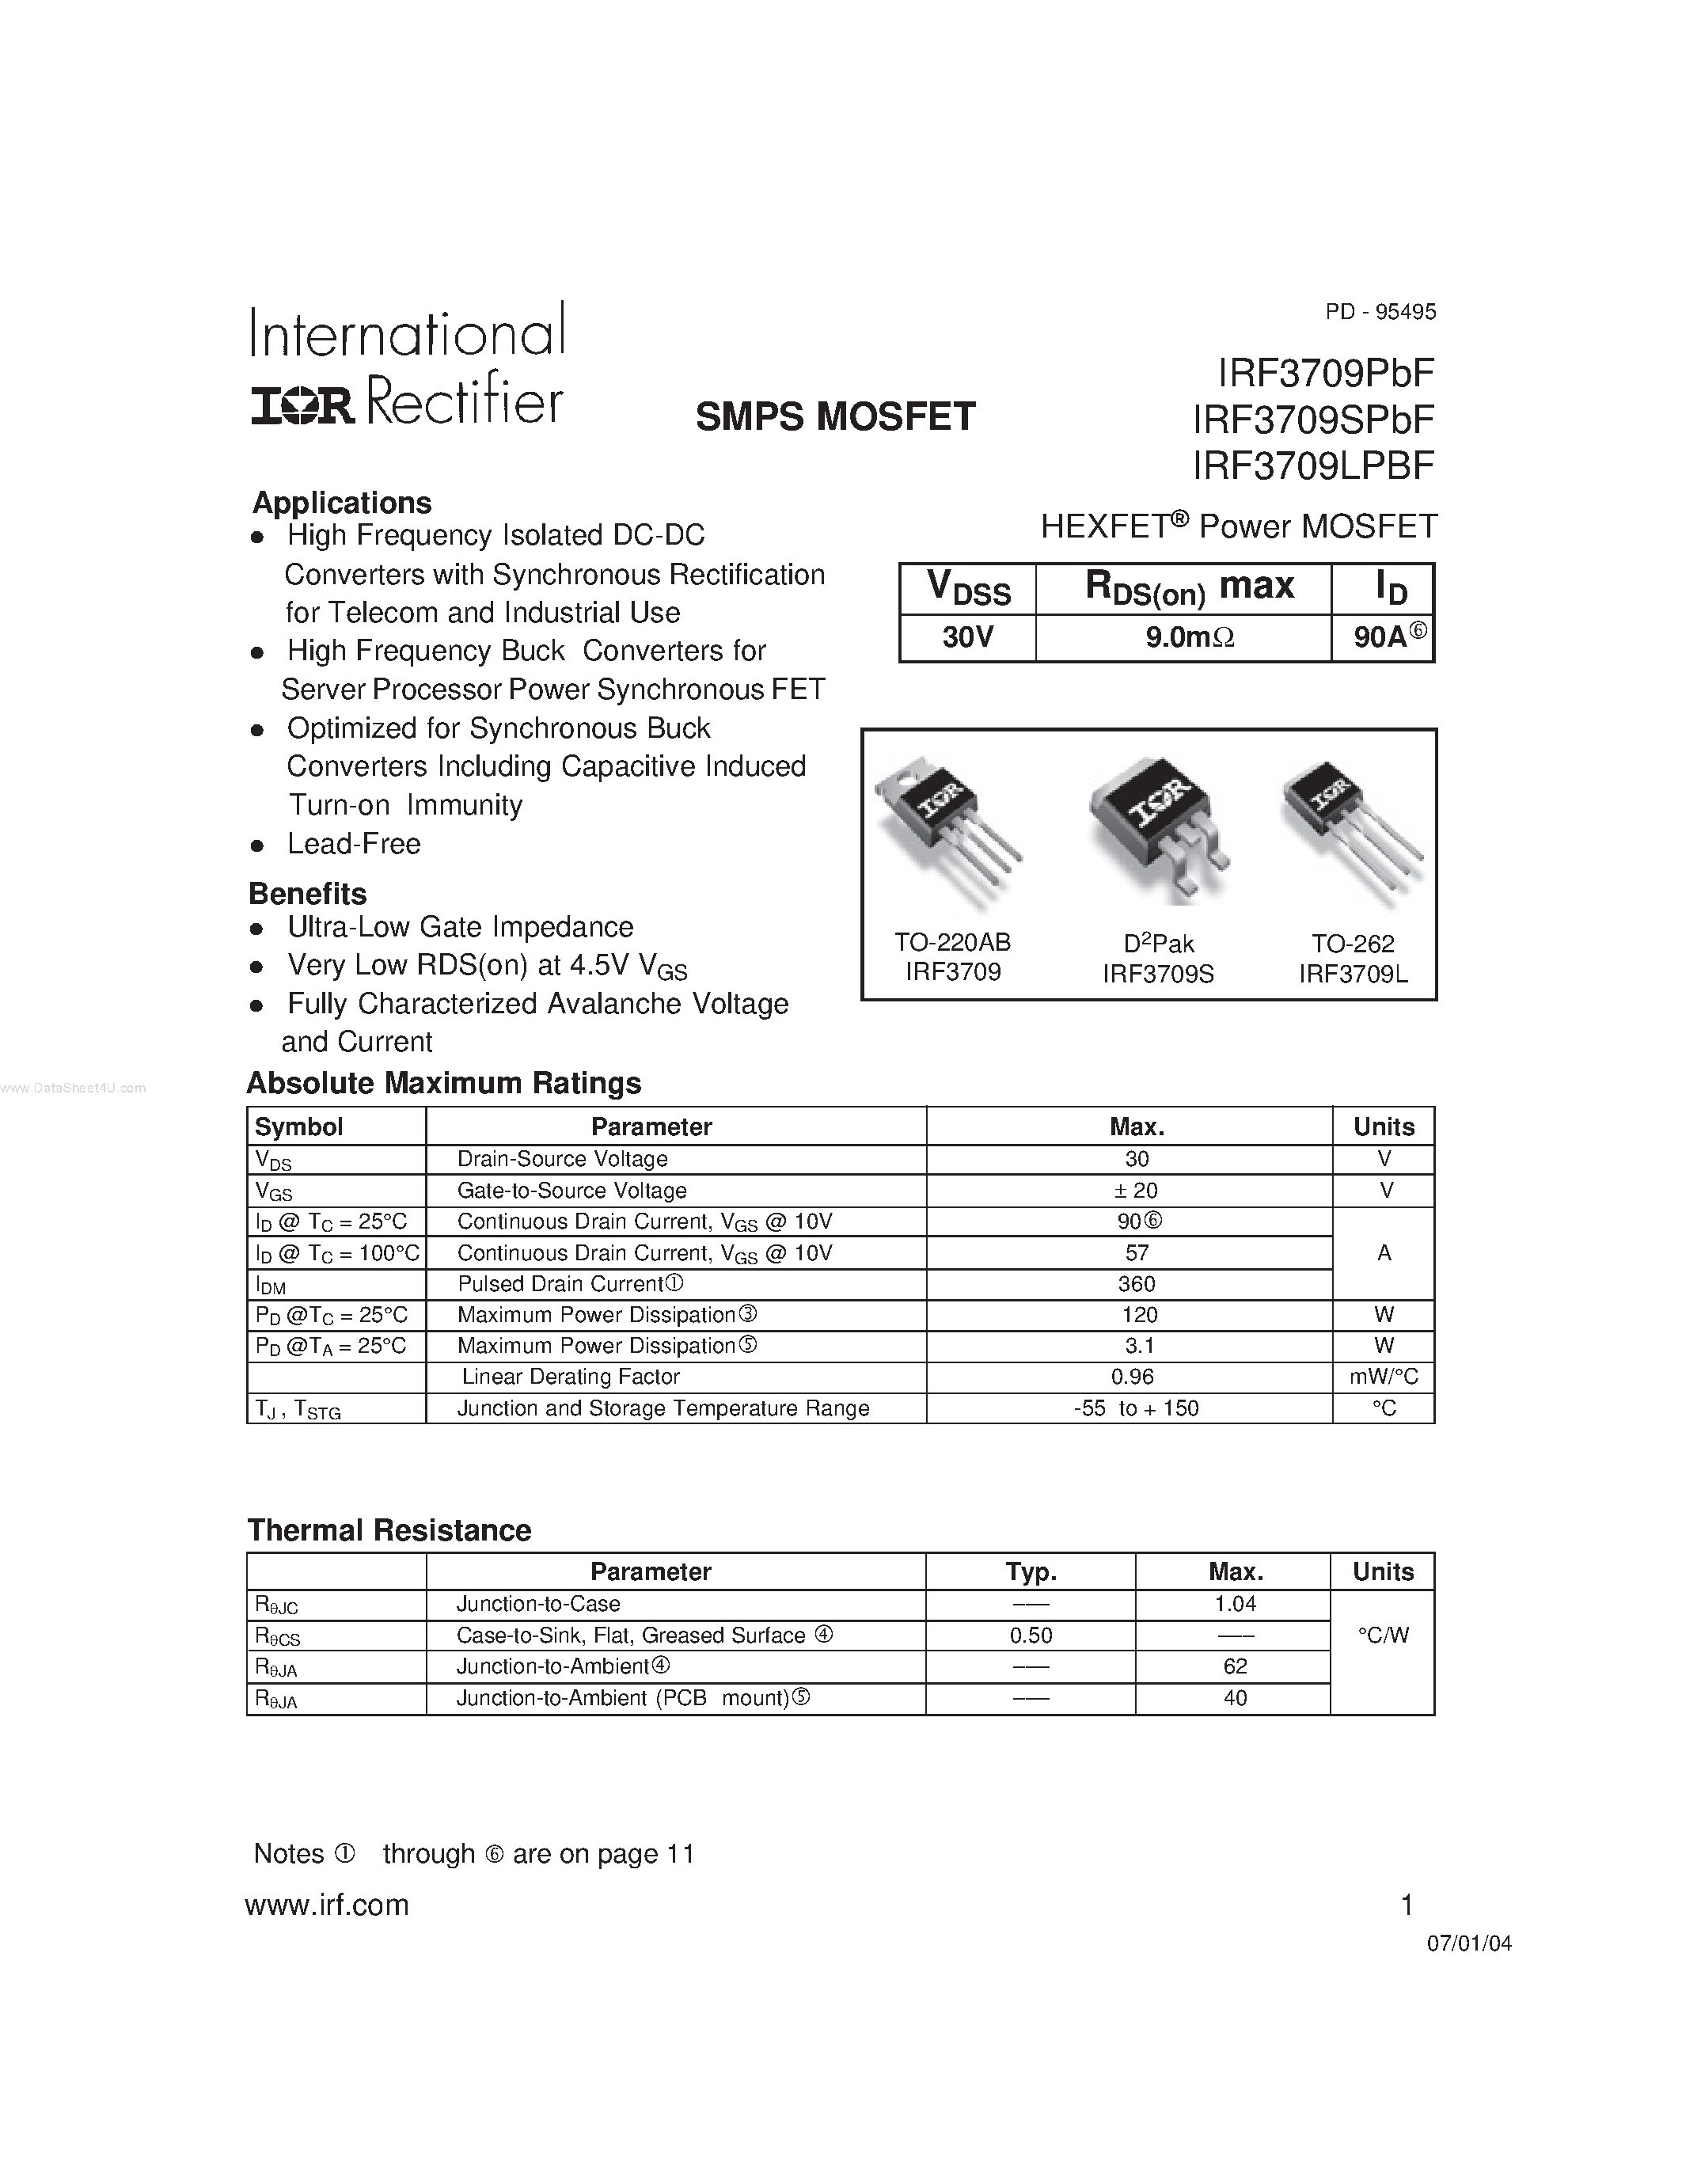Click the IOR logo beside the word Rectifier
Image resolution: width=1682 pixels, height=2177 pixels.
pos(302,405)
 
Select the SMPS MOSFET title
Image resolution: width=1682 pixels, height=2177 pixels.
pos(835,416)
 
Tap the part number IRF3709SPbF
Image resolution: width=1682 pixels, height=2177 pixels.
pos(1312,420)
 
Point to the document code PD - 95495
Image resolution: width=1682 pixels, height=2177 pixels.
pos(1380,312)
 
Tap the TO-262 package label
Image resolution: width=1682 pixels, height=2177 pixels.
pos(1352,943)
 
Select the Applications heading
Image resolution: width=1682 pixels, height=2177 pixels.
pos(342,503)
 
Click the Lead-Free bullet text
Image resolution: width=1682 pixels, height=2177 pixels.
pos(354,845)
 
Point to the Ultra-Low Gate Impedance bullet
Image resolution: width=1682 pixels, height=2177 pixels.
pos(461,927)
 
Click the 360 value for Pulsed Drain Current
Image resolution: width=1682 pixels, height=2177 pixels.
pos(1136,1284)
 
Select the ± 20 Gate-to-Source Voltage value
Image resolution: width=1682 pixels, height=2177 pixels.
pos(1136,1190)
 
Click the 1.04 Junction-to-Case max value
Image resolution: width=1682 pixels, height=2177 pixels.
pos(1235,1604)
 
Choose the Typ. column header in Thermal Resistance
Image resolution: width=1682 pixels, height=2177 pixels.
pos(1031,1572)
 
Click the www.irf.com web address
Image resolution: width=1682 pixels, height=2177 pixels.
pos(327,1905)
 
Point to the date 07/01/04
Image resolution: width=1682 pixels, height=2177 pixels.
pos(1469,1943)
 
